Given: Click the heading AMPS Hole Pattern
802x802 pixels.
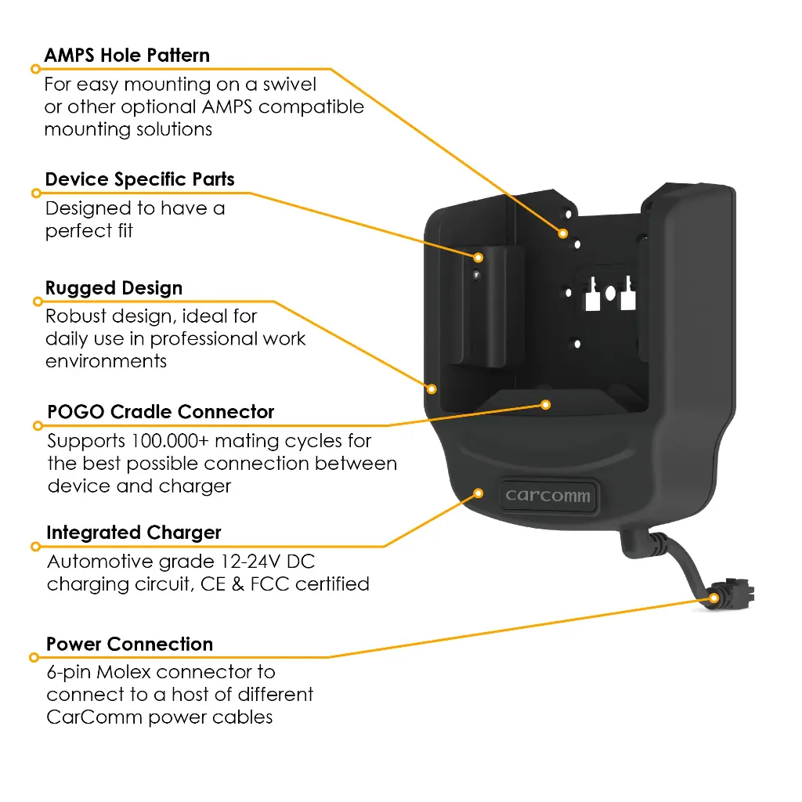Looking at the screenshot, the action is click(x=127, y=56).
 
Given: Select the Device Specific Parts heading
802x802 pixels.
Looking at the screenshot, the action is click(x=139, y=179).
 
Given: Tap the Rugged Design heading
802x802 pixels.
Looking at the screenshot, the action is click(x=114, y=288).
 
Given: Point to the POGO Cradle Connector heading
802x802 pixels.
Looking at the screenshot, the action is click(x=161, y=412).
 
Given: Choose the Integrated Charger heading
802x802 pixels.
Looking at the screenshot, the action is click(x=133, y=533).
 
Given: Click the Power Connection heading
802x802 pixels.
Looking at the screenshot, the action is click(x=129, y=644).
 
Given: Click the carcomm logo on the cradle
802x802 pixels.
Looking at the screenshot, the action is click(x=547, y=495).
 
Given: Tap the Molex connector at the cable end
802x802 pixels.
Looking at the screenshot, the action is click(x=732, y=594).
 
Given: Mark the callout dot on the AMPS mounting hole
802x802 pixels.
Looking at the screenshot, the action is click(x=563, y=233).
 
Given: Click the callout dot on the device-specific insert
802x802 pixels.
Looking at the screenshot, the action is click(x=479, y=257).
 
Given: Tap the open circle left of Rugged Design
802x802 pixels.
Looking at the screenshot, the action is click(x=38, y=302).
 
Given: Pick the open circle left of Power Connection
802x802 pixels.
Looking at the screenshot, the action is click(x=34, y=657).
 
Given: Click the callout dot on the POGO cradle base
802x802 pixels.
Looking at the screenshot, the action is click(x=546, y=405).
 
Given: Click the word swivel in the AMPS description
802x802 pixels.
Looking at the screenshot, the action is click(x=290, y=85).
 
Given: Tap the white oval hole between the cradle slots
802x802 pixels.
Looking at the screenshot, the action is click(x=610, y=293).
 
